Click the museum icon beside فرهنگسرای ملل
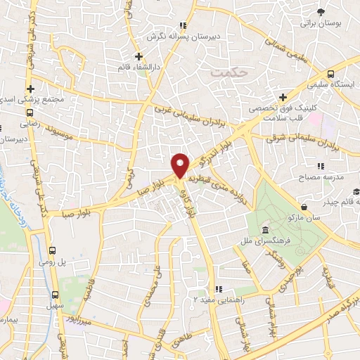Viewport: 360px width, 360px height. (264, 231)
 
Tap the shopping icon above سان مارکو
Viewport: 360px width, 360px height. (304, 207)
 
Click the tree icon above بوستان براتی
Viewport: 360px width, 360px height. (321, 12)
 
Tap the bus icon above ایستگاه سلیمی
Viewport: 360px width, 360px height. (331, 73)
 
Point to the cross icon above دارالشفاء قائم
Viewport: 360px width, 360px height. (139, 56)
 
